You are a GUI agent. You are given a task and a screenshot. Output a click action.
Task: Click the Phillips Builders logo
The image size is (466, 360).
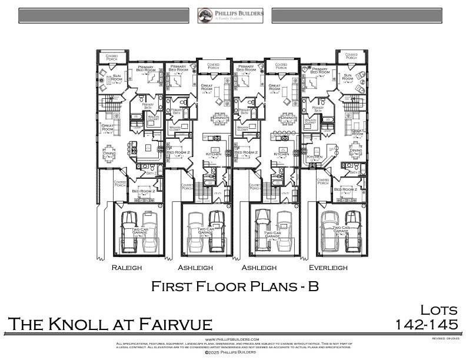230,15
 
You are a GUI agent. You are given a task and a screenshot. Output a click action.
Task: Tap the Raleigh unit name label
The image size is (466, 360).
127,267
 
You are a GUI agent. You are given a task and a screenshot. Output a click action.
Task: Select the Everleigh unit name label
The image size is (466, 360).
327,267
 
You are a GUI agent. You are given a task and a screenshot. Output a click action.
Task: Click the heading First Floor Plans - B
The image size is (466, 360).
235,286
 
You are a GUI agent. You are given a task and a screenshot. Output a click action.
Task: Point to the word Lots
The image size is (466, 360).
438,311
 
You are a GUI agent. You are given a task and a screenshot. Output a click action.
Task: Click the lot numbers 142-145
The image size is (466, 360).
427,325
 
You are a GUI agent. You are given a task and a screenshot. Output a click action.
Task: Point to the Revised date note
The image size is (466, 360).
445,339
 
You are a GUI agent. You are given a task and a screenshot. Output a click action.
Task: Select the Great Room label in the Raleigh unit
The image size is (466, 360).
107,127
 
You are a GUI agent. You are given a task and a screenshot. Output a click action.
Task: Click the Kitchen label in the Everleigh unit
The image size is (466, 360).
315,156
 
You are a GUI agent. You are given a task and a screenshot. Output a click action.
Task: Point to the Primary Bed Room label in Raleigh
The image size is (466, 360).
145,69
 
